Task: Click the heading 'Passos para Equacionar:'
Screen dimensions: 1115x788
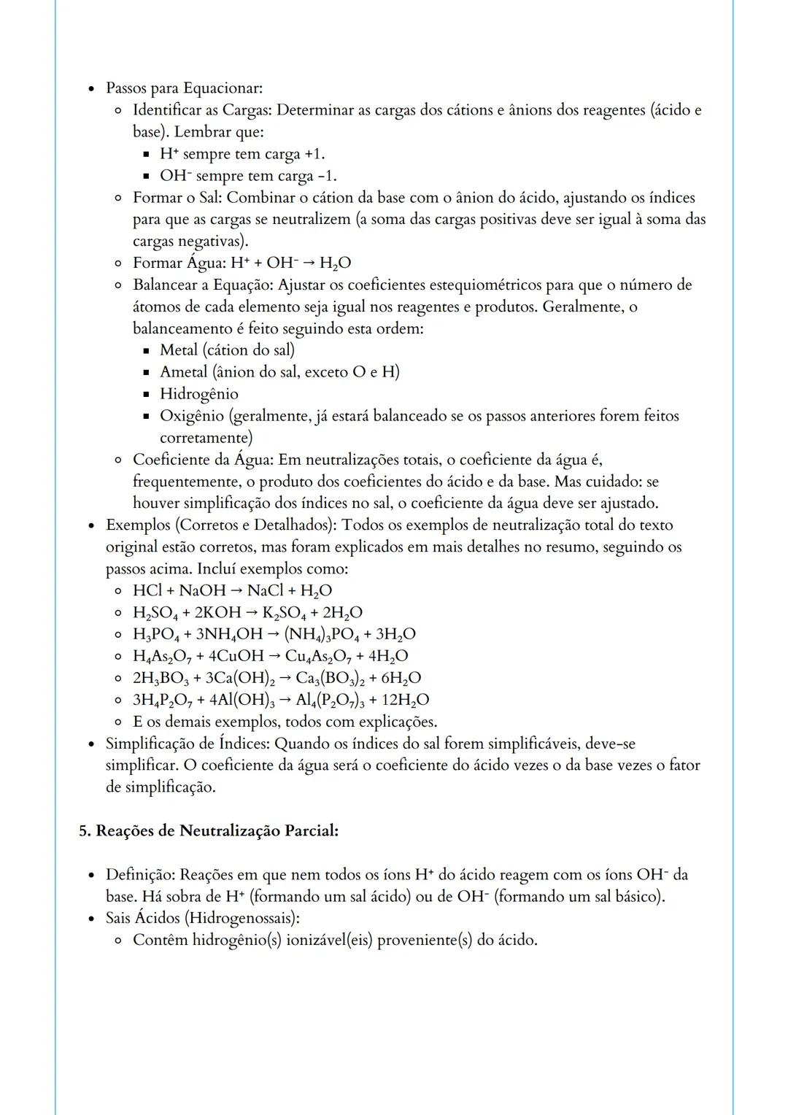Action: click(x=184, y=88)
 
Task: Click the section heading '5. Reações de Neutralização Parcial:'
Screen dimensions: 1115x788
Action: click(x=209, y=831)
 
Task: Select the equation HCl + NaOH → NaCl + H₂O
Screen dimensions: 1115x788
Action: click(x=232, y=590)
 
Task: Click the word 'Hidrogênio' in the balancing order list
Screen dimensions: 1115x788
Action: click(x=198, y=394)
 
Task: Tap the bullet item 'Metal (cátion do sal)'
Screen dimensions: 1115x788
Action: click(x=227, y=350)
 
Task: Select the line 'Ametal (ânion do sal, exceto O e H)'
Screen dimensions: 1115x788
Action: click(x=279, y=372)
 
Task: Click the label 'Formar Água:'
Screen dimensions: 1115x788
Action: click(x=179, y=263)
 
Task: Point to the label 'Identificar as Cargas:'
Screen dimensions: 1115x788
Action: click(x=202, y=110)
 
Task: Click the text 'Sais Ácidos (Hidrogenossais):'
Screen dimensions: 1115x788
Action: click(x=203, y=918)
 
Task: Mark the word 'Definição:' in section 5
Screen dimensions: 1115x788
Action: click(x=141, y=874)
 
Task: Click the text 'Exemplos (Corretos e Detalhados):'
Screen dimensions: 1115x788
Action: click(x=222, y=525)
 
